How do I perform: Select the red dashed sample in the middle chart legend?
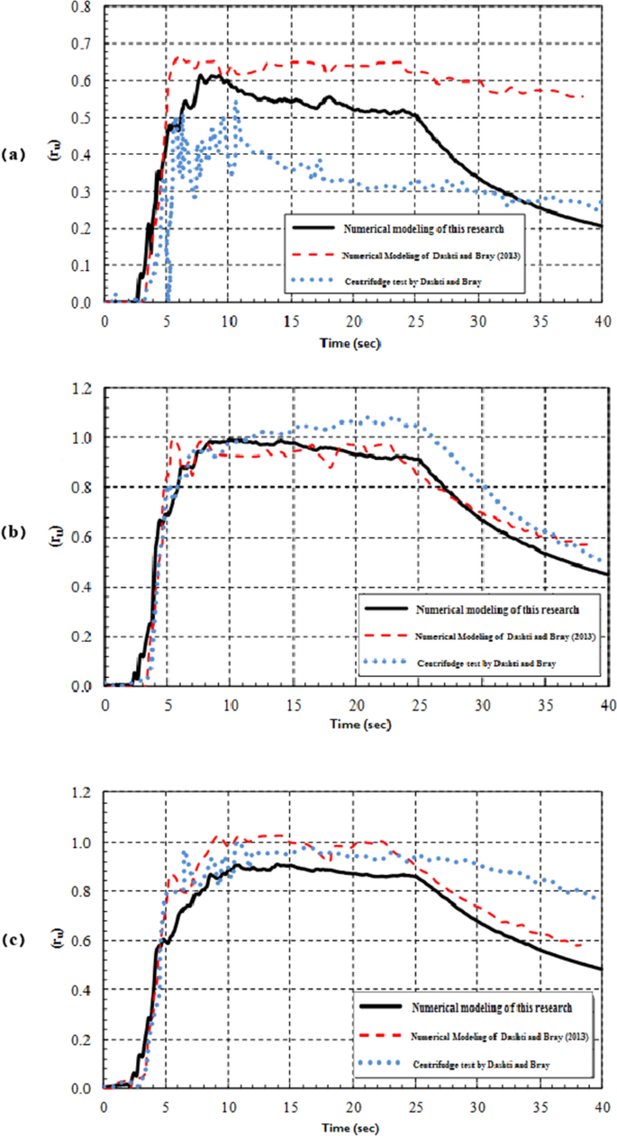[386, 636]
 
